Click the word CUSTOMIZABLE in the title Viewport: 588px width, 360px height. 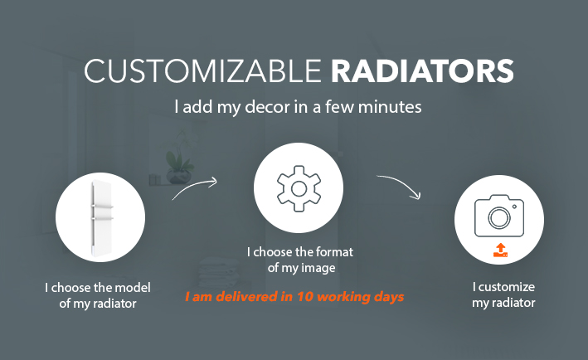coord(202,71)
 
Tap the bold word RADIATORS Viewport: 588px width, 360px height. coord(422,71)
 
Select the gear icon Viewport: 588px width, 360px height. coord(299,188)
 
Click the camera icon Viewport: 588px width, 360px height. coord(499,216)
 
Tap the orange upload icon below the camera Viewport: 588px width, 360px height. coord(500,251)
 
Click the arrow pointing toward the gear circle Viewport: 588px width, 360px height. coord(194,187)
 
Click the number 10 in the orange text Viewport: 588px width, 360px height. coord(305,297)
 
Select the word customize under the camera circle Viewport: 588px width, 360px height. coord(507,287)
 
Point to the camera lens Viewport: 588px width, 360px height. coord(499,217)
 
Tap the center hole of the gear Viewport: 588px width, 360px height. coord(299,189)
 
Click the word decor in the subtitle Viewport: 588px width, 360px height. coord(267,106)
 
